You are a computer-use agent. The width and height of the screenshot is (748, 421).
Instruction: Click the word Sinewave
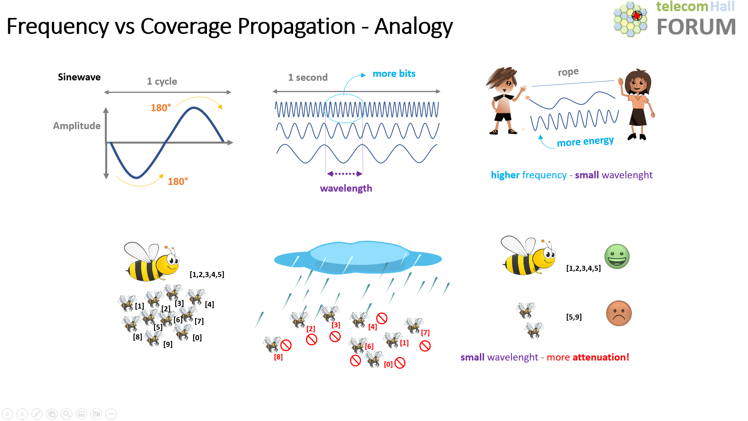[x=79, y=77]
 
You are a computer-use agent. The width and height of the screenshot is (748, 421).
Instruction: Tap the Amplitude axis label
[x=77, y=126]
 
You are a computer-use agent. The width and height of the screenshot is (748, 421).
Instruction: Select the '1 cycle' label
[x=162, y=81]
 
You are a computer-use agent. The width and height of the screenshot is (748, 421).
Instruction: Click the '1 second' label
[x=308, y=77]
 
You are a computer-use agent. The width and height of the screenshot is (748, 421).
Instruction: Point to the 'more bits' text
[x=394, y=74]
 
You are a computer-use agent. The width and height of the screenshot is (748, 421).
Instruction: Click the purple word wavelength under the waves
[x=346, y=188]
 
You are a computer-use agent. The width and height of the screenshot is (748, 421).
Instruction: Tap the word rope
[x=568, y=72]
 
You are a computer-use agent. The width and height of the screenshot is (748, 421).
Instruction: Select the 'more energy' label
[x=585, y=141]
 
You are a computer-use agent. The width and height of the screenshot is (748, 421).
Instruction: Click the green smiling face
[x=617, y=256]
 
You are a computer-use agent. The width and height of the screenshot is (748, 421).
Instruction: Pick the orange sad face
[x=619, y=313]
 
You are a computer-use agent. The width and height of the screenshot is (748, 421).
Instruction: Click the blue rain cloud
[x=357, y=258]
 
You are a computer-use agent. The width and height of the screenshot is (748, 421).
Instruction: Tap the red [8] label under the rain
[x=278, y=357]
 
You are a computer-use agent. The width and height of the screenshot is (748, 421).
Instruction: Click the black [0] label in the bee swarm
[x=197, y=338]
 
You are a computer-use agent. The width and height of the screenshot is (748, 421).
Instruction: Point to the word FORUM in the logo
[x=696, y=27]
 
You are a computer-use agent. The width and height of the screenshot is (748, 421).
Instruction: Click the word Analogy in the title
[x=414, y=27]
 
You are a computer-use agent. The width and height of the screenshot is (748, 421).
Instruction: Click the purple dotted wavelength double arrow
[x=345, y=174]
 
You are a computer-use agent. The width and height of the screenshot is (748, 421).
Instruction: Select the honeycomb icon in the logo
[x=630, y=20]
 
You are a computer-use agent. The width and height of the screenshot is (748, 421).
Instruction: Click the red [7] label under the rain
[x=425, y=333]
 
